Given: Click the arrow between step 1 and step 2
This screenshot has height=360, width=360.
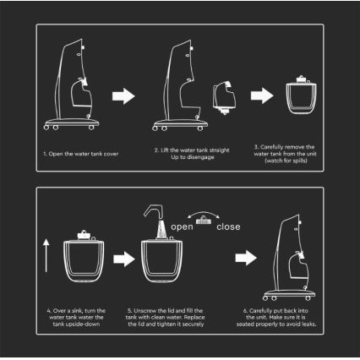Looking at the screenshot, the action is pos(123,96).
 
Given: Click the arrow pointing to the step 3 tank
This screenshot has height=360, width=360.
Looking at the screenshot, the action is pos(262,95).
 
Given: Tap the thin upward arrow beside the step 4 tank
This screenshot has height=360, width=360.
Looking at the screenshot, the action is pos(46,255).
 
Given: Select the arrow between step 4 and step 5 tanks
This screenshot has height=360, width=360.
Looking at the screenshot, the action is pos(124,259).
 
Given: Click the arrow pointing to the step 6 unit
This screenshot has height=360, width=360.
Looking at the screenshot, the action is pos(246,258).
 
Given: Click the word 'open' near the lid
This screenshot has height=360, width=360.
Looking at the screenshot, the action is pos(182,227).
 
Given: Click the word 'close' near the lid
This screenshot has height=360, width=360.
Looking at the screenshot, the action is pos(228,226).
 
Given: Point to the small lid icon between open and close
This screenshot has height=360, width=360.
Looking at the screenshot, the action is pos(204,221).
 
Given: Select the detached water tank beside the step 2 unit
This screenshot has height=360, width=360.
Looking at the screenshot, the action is pos(225,97).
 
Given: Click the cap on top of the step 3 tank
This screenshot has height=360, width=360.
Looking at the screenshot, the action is pos(301,79).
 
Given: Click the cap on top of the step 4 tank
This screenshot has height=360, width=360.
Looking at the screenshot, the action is pos(84,234).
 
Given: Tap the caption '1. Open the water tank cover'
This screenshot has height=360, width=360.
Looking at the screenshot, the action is pos(81,154).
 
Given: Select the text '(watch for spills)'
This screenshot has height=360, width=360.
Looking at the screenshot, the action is pos(286,161).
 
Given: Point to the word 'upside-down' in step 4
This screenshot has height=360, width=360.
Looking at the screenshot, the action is pos(84,325).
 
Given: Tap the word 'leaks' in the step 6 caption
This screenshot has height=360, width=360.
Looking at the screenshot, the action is pos(308,325).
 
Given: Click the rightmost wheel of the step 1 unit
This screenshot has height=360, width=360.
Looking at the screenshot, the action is pos(91,128).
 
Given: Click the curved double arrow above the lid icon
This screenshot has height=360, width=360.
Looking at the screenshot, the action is pos(204,214).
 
